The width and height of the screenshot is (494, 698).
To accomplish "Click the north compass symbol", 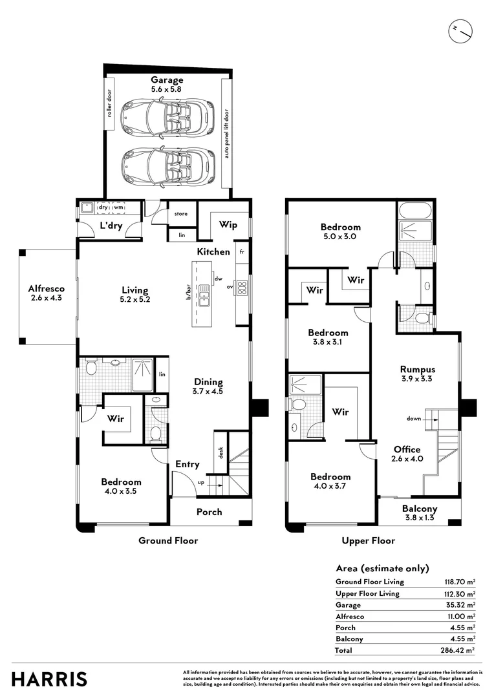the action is [460, 31].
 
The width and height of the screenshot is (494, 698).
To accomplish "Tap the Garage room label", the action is [167, 80].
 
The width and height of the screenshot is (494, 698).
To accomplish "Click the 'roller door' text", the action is [109, 103].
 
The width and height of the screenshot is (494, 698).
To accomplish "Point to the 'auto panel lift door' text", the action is [226, 134].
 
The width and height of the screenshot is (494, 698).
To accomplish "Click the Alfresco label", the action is [47, 289].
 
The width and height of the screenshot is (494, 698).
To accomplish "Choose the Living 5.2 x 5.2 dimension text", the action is [135, 300].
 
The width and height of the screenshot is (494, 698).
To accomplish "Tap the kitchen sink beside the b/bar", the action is [204, 295].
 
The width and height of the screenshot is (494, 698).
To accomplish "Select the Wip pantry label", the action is [228, 225].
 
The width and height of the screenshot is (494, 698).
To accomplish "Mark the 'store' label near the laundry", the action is [181, 214].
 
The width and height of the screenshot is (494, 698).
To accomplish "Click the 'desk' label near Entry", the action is [220, 452].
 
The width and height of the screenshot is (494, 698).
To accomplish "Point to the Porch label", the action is [209, 512].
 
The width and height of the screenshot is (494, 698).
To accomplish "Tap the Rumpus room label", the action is [418, 369].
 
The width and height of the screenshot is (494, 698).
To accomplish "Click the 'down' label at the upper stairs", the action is [414, 418].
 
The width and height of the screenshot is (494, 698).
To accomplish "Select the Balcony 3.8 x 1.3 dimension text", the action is [420, 518].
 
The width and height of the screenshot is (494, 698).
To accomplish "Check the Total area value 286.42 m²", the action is [458, 650].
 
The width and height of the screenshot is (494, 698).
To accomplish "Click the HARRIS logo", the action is [49, 680].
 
